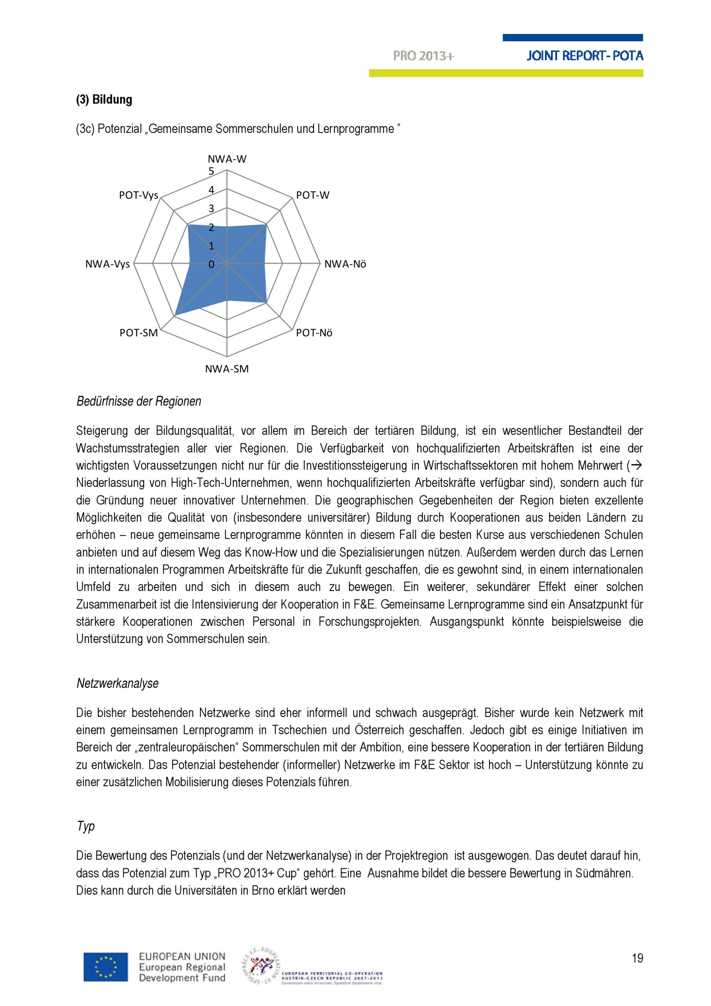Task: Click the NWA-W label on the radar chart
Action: tap(227, 159)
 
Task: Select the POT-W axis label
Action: tap(312, 196)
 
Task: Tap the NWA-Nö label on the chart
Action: tap(345, 264)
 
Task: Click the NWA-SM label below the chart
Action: tap(227, 369)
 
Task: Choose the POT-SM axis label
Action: tap(138, 333)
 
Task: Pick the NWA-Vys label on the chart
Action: tap(107, 264)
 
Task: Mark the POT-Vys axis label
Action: tap(138, 196)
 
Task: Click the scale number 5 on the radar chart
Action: tap(212, 171)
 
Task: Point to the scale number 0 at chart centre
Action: tap(212, 264)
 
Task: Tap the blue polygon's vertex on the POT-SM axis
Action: tap(175, 315)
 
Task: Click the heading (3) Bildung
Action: tap(104, 100)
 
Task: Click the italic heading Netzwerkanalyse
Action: tap(117, 683)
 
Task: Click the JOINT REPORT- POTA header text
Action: tap(585, 56)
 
